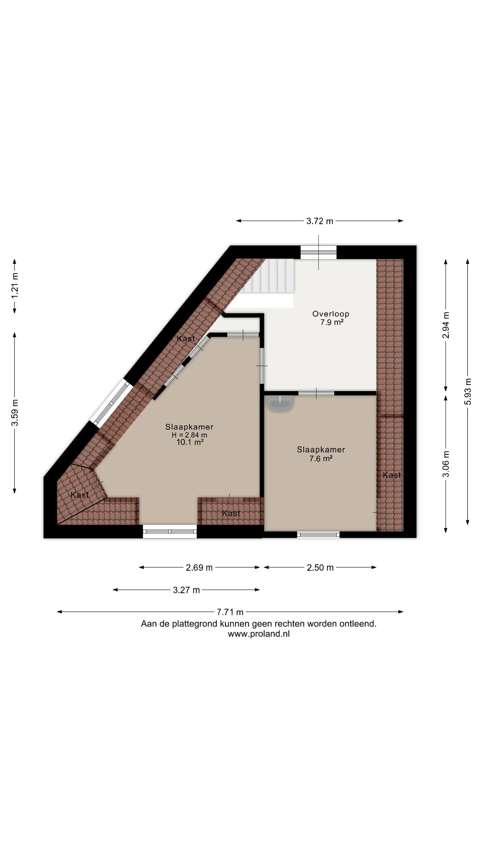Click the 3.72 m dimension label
319,221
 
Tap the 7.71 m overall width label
230,612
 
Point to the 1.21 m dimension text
15,285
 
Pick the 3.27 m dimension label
186,590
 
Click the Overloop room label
331,314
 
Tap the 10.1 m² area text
190,442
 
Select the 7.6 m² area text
321,459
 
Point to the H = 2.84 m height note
189,435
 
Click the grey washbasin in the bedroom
280,403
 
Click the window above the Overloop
318,252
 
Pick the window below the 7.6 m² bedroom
318,534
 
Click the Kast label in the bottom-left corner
80,495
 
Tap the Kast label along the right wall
392,475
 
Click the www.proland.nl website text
259,634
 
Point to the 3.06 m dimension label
446,464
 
